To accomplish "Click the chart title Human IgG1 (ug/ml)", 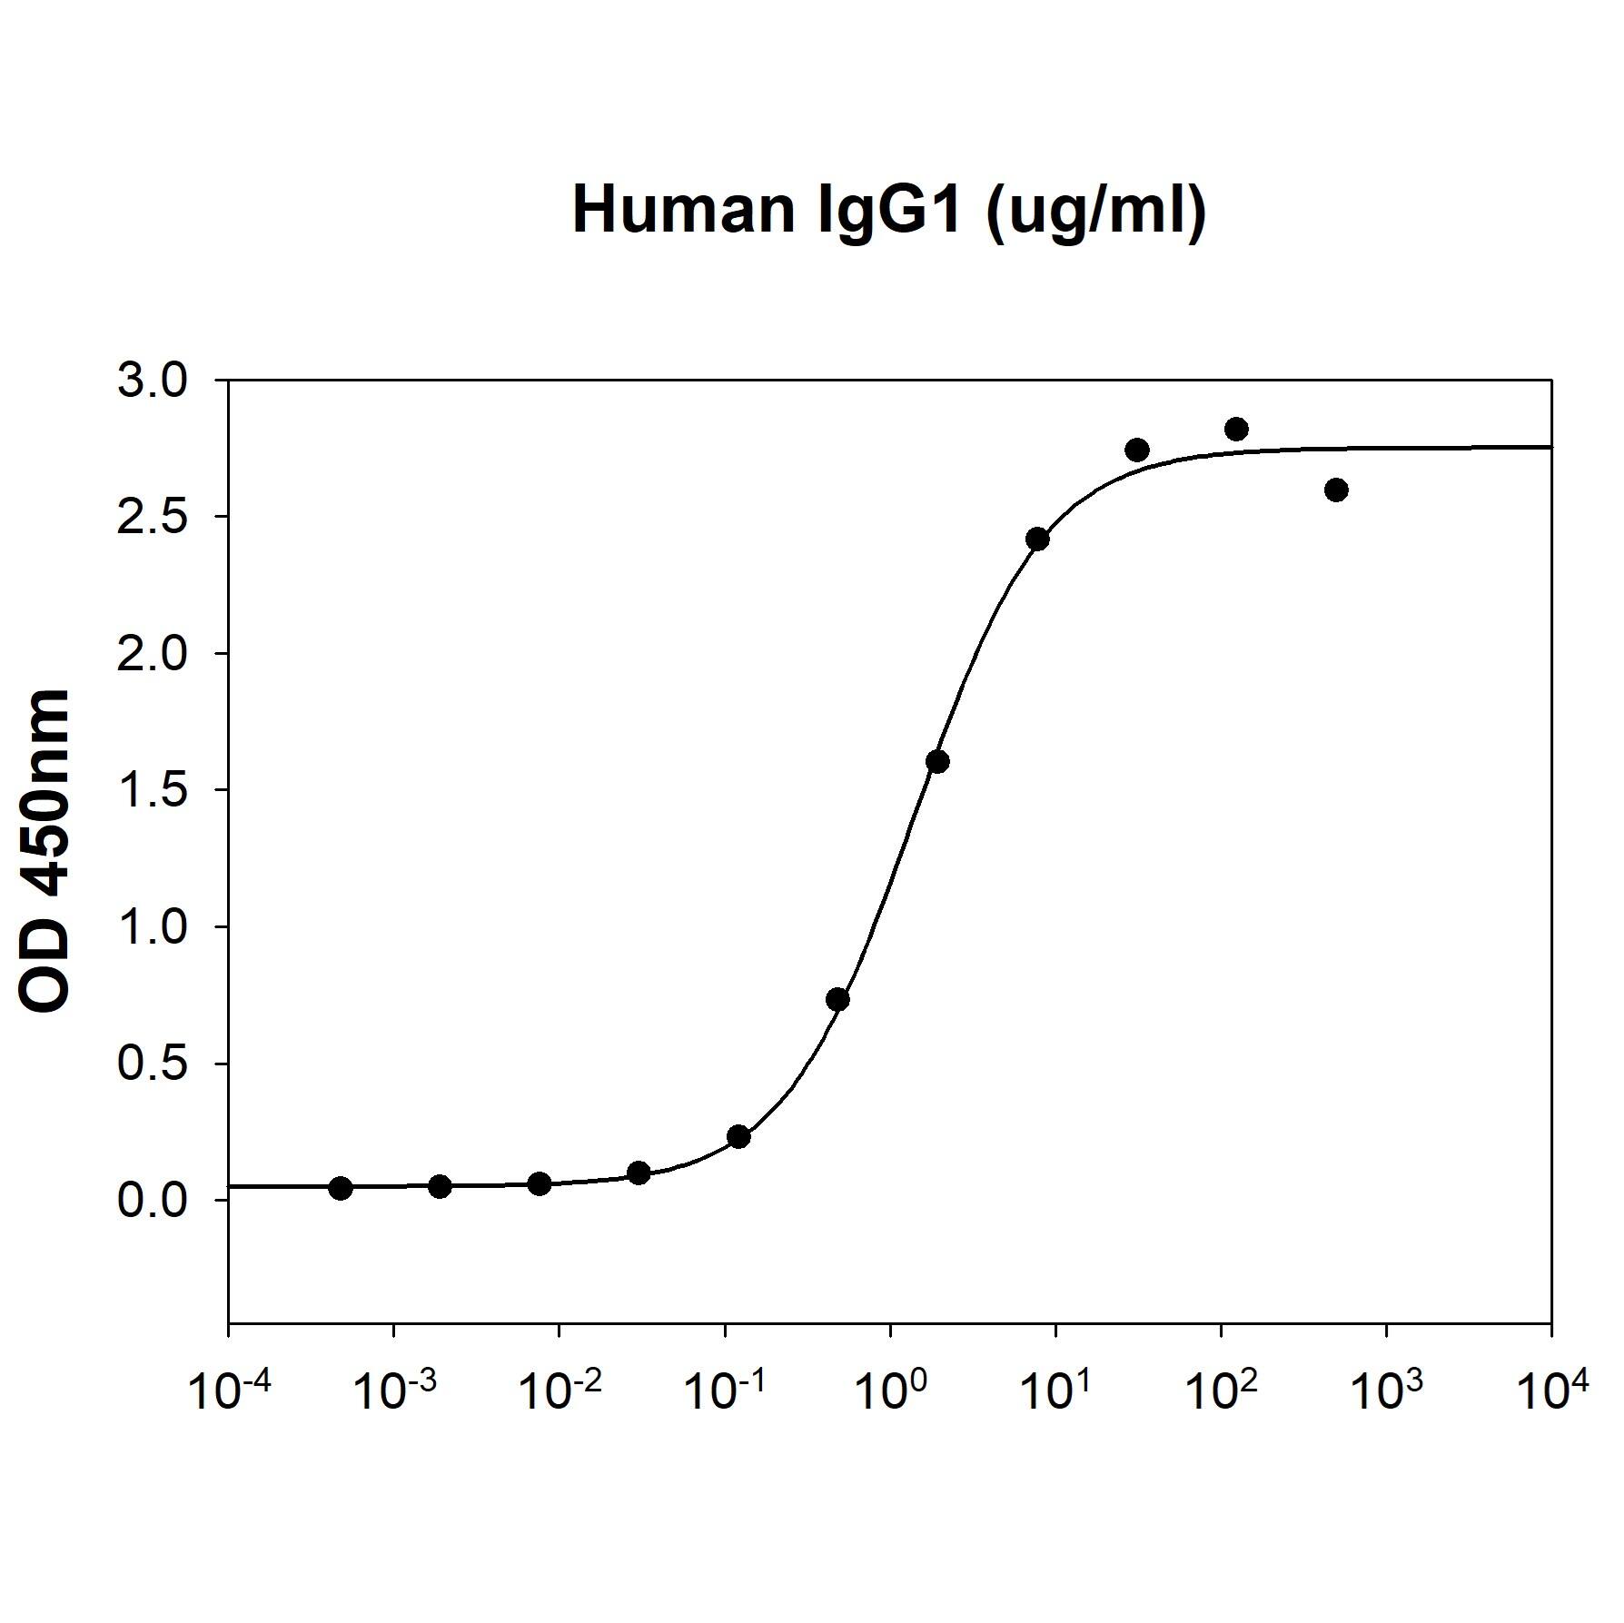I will [x=888, y=211].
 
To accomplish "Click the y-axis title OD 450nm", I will [x=45, y=850].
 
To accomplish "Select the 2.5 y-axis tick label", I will [x=152, y=518].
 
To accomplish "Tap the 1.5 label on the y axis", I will [x=152, y=790].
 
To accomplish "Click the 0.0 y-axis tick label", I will [x=152, y=1200].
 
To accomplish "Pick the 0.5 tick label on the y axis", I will [x=152, y=1064].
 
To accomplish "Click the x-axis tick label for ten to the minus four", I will [x=227, y=1391].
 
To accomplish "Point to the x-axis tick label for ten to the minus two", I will [x=559, y=1391].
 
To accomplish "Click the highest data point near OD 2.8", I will [x=1236, y=429].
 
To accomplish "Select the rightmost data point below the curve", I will [x=1336, y=490].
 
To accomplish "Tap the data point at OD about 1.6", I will [x=938, y=761].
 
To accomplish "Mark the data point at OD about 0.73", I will [x=837, y=999].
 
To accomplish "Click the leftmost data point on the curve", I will [x=341, y=1188].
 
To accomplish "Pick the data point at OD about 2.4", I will [x=1037, y=539].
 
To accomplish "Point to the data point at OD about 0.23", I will [x=738, y=1136].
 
